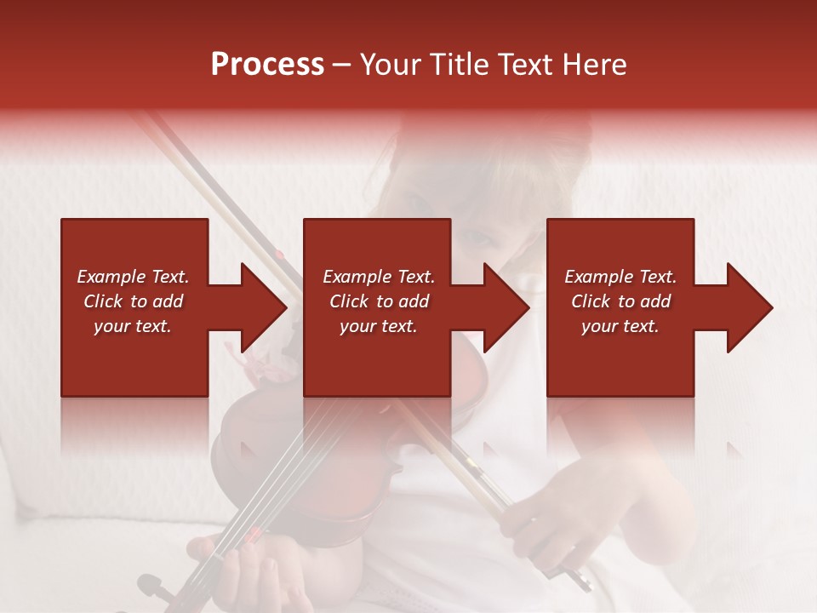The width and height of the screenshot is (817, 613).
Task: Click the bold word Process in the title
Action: click(x=267, y=65)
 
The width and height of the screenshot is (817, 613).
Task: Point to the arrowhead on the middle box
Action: click(x=504, y=307)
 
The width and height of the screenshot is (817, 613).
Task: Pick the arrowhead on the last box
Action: click(x=747, y=307)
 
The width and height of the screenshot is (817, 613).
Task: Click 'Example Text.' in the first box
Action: click(x=133, y=277)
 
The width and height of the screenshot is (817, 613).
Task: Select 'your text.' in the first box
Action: click(x=133, y=326)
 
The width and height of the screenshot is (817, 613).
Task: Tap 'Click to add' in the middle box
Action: click(x=379, y=301)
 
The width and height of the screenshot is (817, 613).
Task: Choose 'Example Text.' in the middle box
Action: click(x=379, y=277)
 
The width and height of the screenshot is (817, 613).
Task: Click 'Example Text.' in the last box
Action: click(x=620, y=277)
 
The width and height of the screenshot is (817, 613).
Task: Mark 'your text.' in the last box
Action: click(x=620, y=326)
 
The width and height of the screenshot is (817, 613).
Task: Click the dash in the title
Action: click(x=342, y=65)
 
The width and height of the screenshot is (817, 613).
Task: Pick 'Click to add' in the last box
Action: click(x=620, y=301)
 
